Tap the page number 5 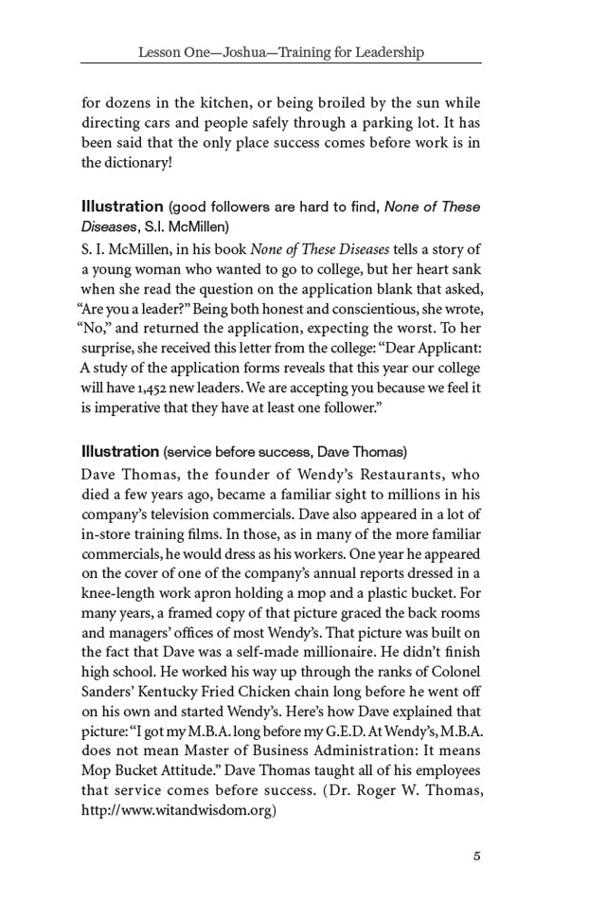[x=477, y=857]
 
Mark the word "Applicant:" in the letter [x=444, y=348]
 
